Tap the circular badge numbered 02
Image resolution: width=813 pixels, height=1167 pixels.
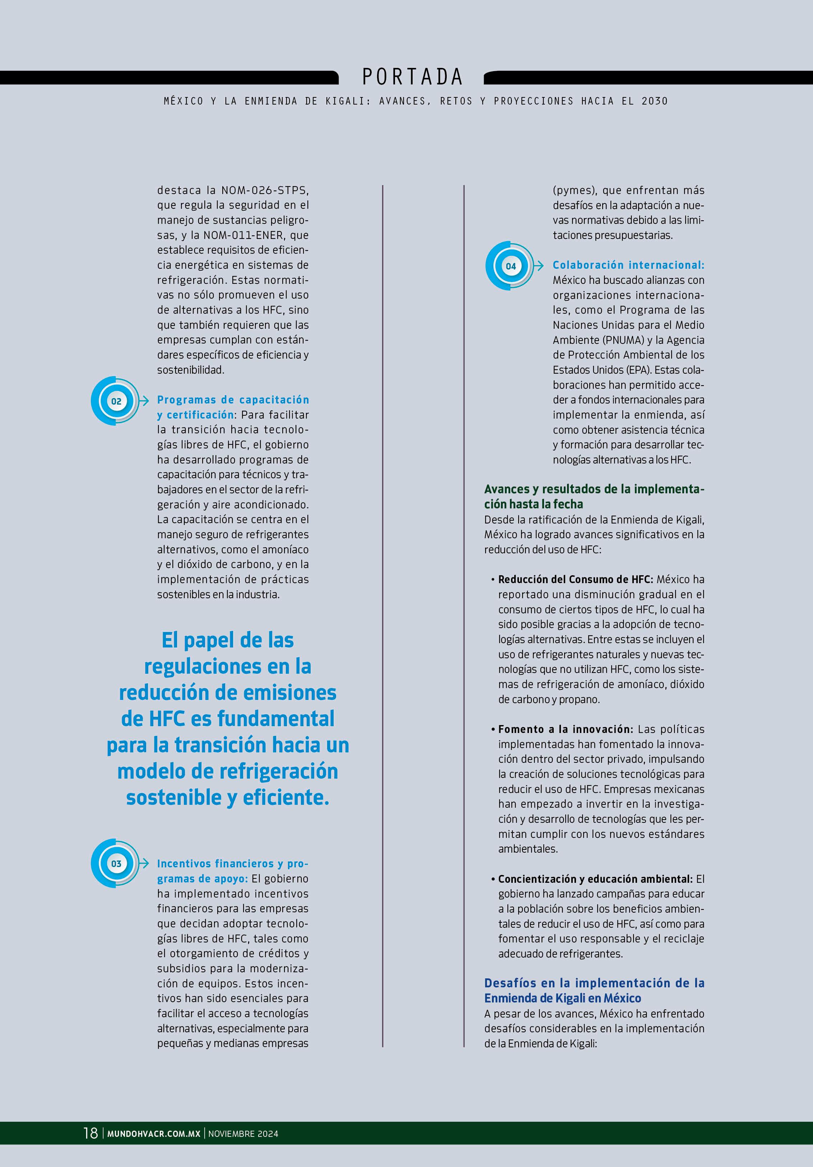click(116, 401)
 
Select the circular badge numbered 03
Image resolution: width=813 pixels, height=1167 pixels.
click(116, 863)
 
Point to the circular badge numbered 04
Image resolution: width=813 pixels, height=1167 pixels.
click(511, 266)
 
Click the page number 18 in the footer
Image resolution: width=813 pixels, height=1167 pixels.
click(90, 1133)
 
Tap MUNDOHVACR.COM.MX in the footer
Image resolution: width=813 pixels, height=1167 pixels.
click(153, 1134)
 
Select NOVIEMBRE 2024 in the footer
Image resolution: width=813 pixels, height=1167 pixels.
click(243, 1134)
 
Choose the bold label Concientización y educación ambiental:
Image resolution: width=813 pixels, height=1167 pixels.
click(595, 879)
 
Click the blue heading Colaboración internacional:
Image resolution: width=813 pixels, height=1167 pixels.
click(628, 265)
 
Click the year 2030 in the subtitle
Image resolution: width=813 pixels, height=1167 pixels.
click(655, 101)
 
